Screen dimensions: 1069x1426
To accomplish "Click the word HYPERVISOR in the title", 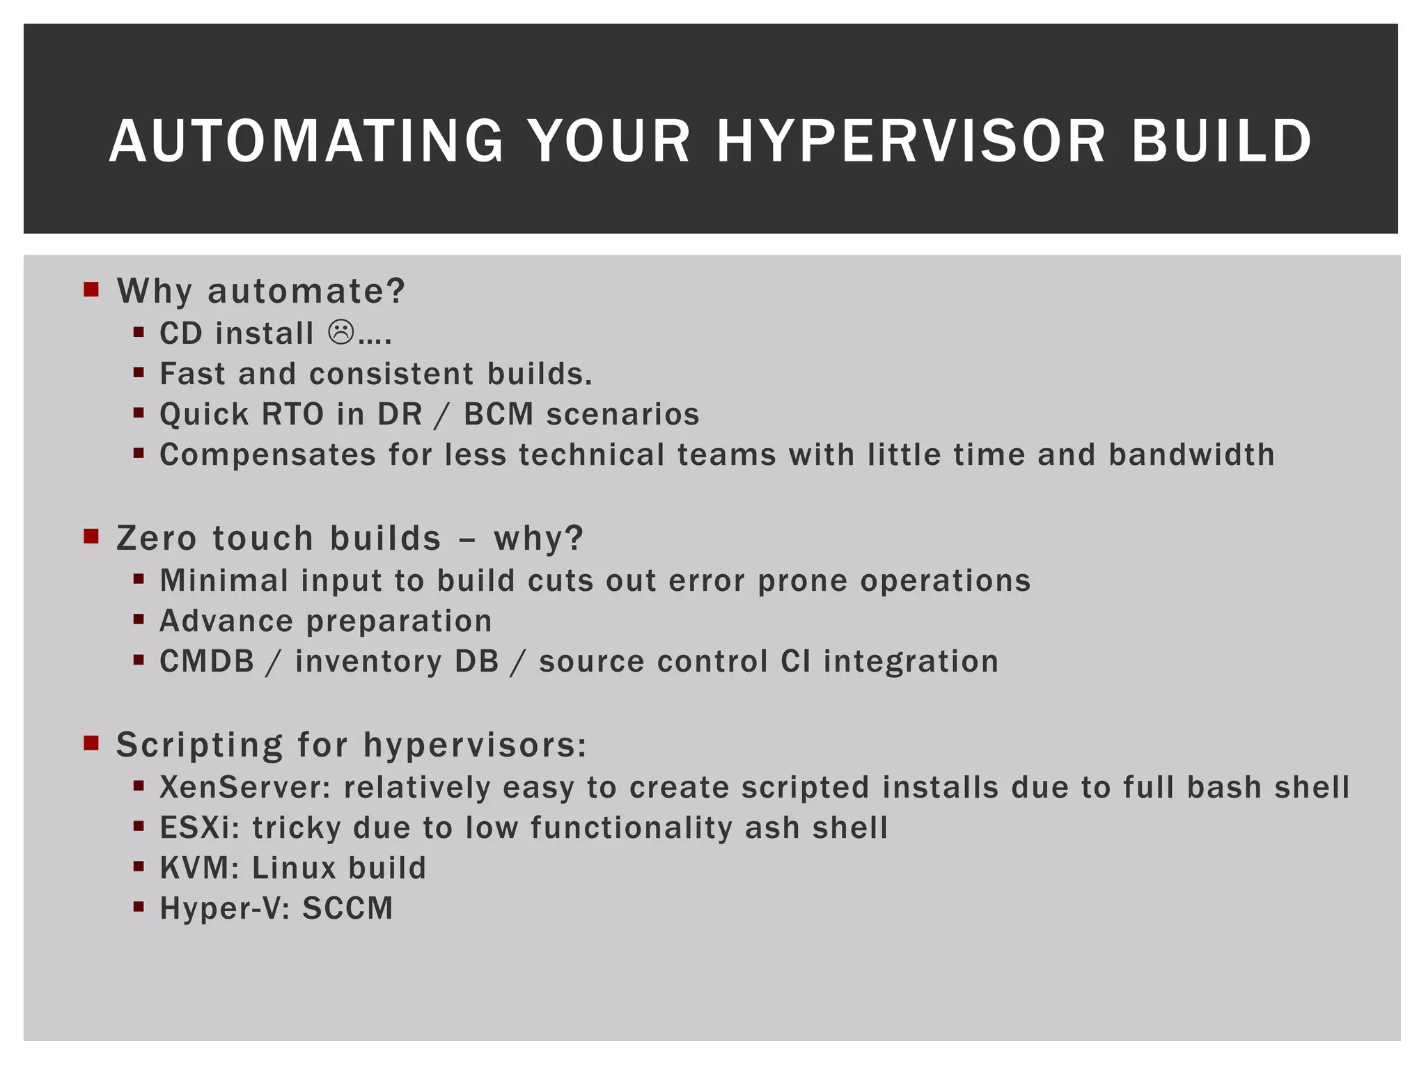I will [911, 141].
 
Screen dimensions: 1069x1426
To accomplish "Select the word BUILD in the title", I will [1221, 141].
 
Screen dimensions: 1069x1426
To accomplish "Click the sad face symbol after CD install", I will [341, 333].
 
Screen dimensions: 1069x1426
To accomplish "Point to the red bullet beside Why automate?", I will [91, 289].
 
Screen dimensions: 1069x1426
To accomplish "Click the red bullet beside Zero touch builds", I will [91, 537].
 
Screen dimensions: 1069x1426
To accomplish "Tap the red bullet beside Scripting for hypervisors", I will [91, 743].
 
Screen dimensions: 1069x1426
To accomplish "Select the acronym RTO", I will [292, 414].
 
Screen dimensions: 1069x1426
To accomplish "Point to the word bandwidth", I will [1191, 454].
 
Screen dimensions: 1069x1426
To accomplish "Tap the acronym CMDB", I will [207, 661].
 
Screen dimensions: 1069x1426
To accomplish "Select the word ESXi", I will [200, 828].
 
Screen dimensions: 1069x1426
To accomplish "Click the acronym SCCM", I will [347, 908].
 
